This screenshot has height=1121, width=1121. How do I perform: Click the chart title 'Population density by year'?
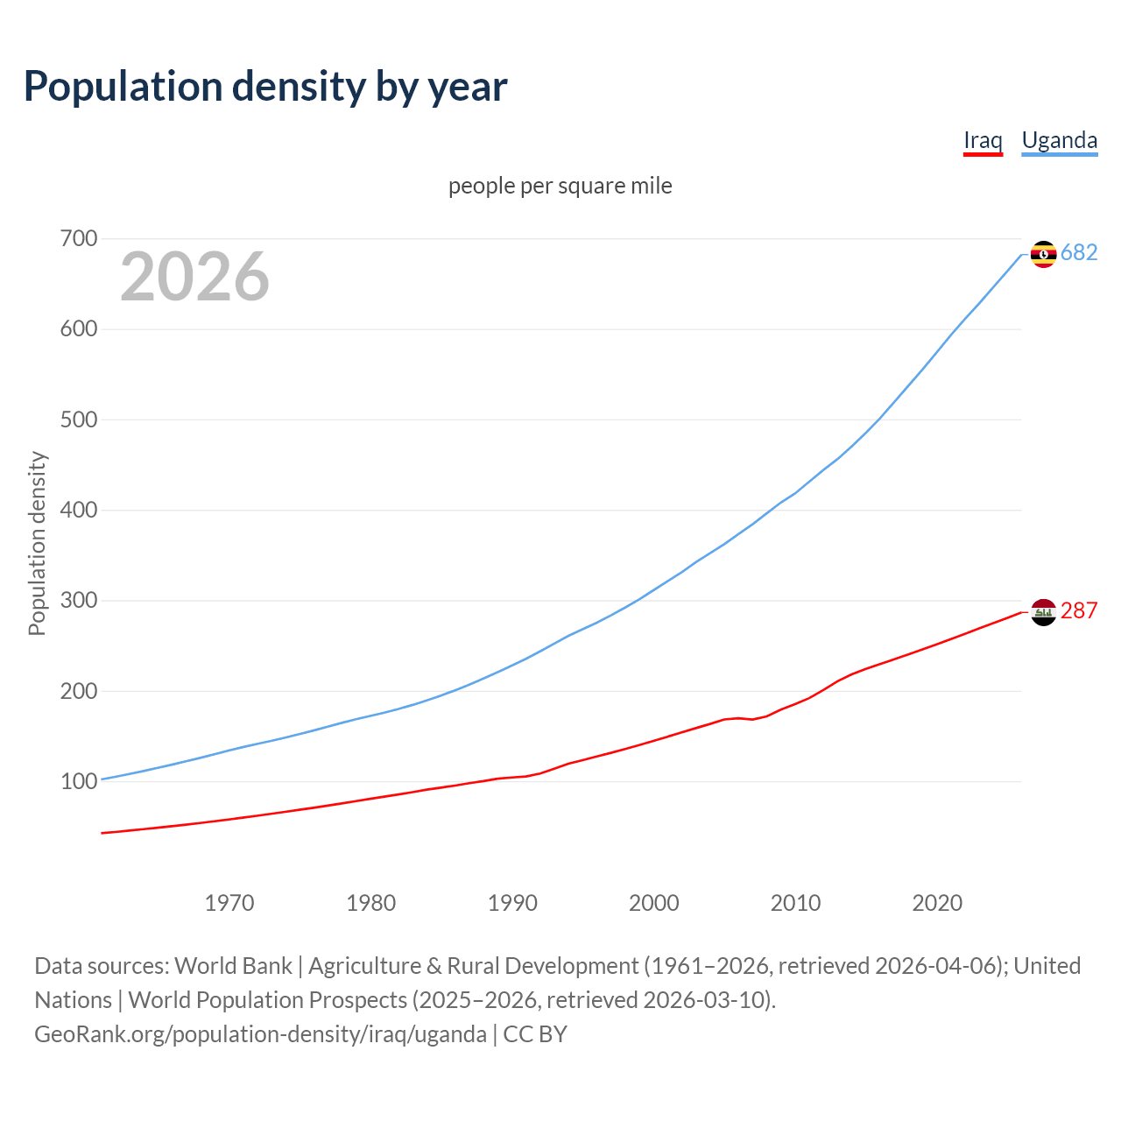click(x=265, y=87)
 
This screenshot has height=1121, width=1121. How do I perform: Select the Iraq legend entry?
click(x=983, y=140)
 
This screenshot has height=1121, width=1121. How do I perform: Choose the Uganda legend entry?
click(x=1059, y=140)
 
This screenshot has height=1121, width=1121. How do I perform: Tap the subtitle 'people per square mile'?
click(x=560, y=186)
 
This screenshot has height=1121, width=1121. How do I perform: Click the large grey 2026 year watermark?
click(x=194, y=277)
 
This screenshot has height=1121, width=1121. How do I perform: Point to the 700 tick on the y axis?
click(x=79, y=238)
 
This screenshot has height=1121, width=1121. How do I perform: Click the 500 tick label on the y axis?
click(x=79, y=419)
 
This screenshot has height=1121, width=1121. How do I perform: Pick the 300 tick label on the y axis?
click(x=79, y=601)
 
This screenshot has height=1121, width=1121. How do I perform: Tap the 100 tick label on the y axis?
click(x=79, y=781)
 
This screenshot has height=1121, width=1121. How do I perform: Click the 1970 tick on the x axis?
click(x=229, y=902)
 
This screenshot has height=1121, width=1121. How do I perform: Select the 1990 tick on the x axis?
click(x=512, y=902)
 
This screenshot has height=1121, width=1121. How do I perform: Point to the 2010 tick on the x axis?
click(x=795, y=902)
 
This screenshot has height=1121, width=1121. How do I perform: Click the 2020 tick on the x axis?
click(x=937, y=902)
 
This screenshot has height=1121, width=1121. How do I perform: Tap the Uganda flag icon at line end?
click(x=1043, y=254)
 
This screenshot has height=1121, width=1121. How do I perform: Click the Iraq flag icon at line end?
click(x=1043, y=612)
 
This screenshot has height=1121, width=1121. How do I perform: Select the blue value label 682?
click(x=1079, y=253)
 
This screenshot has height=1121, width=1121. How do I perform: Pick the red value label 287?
click(x=1079, y=610)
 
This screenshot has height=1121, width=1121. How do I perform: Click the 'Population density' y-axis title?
click(x=37, y=543)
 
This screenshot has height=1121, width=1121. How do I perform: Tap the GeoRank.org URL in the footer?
click(x=260, y=1034)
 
